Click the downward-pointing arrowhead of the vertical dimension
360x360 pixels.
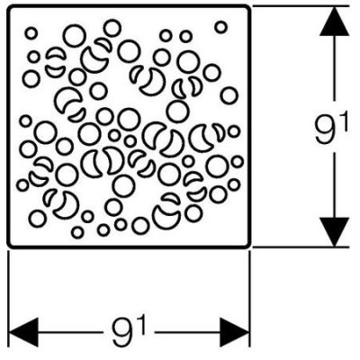(x=334, y=232)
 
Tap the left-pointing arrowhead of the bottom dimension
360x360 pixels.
(x=23, y=332)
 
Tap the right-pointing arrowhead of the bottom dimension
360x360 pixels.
(x=235, y=332)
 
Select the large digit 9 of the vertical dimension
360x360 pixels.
(x=326, y=130)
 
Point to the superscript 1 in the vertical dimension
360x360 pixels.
(x=344, y=124)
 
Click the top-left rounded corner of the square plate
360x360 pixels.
(x=9, y=8)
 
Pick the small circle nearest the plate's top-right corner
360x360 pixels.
(x=220, y=27)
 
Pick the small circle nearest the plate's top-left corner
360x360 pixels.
(x=31, y=33)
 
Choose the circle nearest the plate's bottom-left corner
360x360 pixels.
(x=38, y=218)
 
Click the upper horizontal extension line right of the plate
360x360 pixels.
(x=301, y=6)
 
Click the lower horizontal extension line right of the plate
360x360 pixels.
(x=301, y=247)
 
